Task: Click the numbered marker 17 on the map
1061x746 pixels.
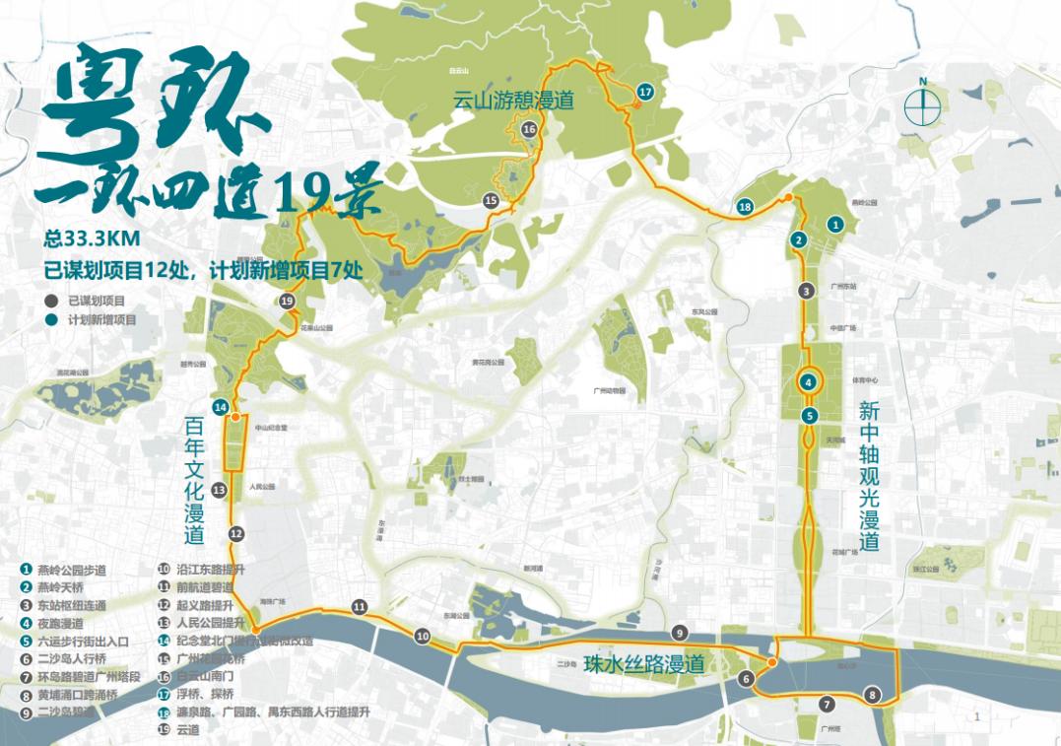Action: point(645,92)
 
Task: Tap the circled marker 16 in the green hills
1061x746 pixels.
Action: point(529,129)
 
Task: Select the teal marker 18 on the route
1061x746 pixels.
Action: point(745,207)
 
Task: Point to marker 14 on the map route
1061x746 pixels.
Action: point(221,407)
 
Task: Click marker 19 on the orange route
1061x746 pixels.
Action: point(287,302)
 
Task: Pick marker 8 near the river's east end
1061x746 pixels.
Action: point(871,696)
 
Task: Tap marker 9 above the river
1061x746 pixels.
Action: point(679,633)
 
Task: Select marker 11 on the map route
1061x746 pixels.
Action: point(360,607)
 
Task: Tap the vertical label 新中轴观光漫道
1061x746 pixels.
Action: point(868,475)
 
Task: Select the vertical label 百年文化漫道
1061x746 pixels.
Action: point(194,481)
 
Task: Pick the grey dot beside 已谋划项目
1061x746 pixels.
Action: point(50,301)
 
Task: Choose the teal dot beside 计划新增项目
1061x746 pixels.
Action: point(50,320)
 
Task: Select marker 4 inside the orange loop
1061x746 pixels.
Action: point(808,382)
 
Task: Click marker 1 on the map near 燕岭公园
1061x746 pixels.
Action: point(835,225)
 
